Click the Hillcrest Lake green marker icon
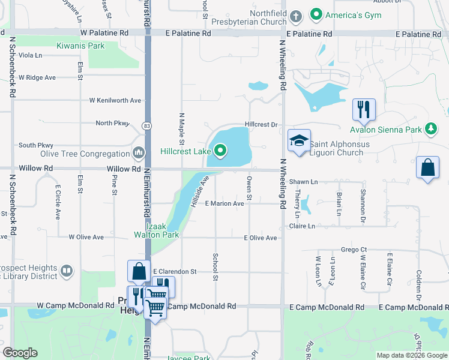pos(221,151)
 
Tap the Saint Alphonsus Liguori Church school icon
pos(299,140)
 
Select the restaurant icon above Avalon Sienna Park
pos(364,109)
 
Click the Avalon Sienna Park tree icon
pos(430,128)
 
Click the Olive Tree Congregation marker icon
pos(139,153)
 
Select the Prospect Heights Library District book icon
pos(66,272)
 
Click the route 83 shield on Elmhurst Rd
pos(146,125)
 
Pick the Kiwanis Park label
pos(80,46)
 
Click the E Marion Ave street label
pos(224,203)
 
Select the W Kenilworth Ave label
pos(115,100)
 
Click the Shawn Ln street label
pos(303,181)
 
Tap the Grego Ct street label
pos(354,249)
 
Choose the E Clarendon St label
pos(175,271)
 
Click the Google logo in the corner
pos(20,353)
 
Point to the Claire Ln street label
pos(302,226)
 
